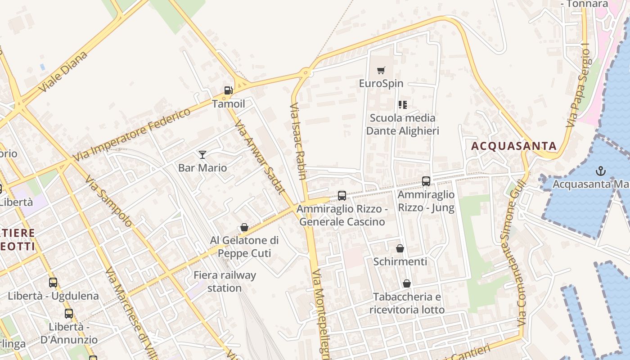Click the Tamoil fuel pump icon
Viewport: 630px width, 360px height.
click(229, 90)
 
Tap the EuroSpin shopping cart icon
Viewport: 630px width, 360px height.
click(381, 70)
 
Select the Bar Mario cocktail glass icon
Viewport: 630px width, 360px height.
click(202, 155)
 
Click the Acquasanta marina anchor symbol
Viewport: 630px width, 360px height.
click(600, 171)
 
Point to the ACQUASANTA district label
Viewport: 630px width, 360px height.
click(514, 146)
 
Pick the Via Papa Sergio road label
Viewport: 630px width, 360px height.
click(578, 88)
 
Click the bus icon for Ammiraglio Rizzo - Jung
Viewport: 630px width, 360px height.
click(426, 181)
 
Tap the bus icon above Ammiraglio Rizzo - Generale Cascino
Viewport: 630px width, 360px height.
click(342, 196)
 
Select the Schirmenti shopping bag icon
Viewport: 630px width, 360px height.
click(400, 248)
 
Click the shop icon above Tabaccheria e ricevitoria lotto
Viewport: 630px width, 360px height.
click(406, 283)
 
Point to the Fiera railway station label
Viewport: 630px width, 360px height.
click(225, 281)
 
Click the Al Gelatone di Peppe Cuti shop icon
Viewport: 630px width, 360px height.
click(244, 227)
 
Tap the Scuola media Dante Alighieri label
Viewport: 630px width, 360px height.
click(402, 124)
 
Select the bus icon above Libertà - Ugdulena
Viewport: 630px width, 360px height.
click(53, 283)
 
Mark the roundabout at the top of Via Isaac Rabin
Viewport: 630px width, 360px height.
click(306, 72)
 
